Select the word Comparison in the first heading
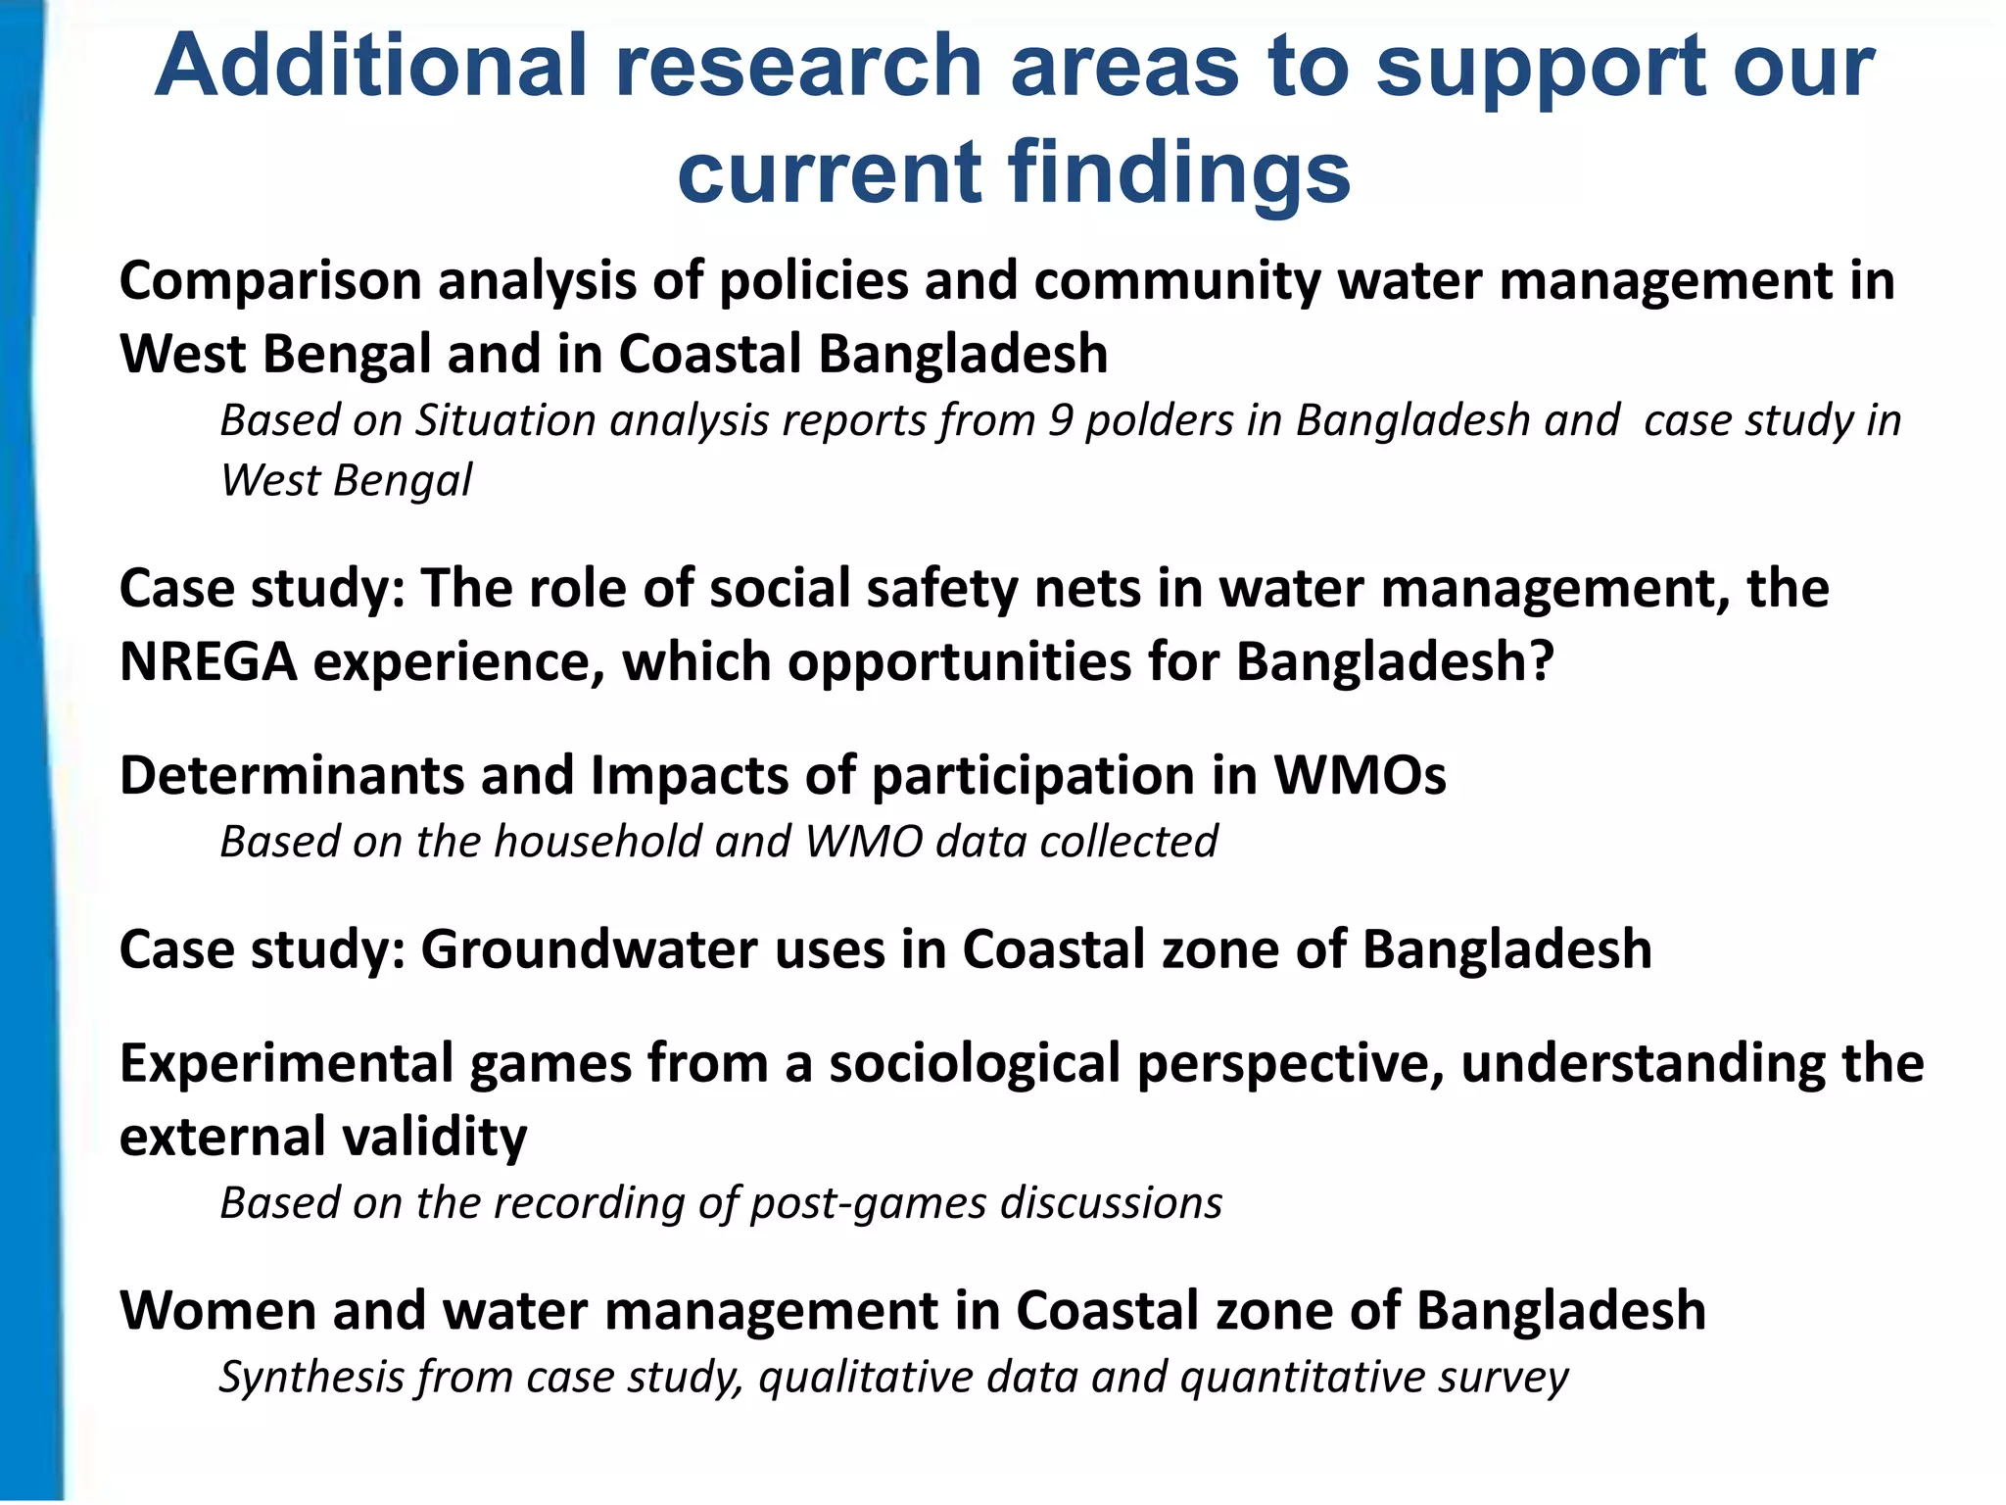point(270,281)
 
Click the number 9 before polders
point(1061,420)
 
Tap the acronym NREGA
point(208,661)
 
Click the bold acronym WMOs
point(1359,775)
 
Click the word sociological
point(975,1064)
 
